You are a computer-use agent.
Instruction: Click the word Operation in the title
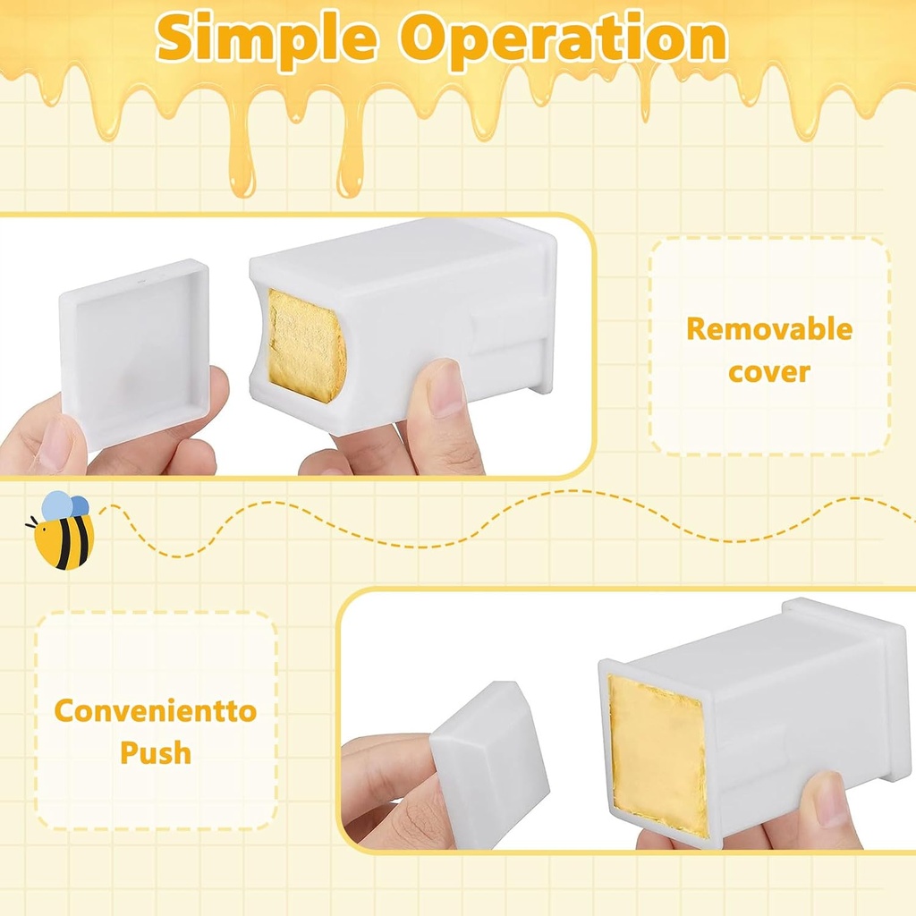(563, 38)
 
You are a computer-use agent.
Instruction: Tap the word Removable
(768, 329)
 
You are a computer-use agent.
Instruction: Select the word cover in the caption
(768, 371)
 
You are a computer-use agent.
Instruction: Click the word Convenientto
(155, 712)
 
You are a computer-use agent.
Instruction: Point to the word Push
(156, 753)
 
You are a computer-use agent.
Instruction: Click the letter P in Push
(131, 753)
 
